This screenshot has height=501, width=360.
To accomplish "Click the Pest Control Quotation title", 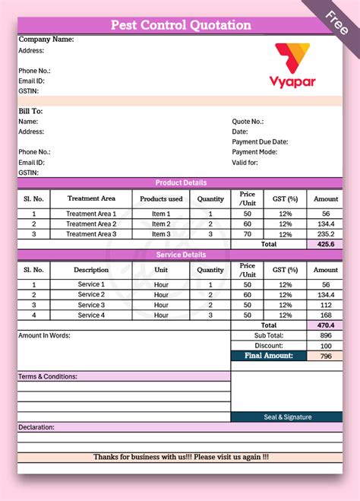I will coord(181,25).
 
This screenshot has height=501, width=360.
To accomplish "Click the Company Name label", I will coord(46,39).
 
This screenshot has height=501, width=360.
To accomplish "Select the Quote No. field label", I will coord(248,121).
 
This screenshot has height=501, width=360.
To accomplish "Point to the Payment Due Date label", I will coord(260,141).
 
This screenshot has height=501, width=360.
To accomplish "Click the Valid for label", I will coord(245,162).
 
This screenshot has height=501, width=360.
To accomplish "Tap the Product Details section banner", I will coord(181,182).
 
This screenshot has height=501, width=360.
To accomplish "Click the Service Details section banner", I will coord(181,255).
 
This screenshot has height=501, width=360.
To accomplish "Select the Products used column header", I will coord(161,199).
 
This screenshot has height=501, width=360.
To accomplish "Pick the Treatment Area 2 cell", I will coord(91,224).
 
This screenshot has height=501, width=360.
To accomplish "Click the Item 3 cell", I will coord(161,234).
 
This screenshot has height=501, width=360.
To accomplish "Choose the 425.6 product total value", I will coord(325,245).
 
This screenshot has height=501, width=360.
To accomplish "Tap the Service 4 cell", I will coord(91,315).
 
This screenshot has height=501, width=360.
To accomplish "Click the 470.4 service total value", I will coord(325,325).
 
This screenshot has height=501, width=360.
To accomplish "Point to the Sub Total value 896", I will coord(325,335).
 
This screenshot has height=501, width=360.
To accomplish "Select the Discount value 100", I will coord(325,345).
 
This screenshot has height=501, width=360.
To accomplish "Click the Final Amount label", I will coord(269,355).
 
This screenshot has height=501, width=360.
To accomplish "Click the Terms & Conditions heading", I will coord(47,376).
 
